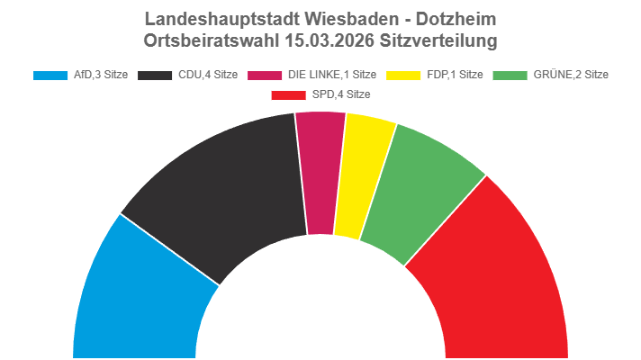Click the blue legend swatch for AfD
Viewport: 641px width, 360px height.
coord(50,75)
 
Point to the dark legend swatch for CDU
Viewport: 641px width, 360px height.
coord(155,75)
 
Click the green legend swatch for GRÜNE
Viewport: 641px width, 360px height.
coord(511,75)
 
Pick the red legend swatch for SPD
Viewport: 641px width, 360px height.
coord(289,94)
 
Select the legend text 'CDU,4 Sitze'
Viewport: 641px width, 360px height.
coord(206,75)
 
